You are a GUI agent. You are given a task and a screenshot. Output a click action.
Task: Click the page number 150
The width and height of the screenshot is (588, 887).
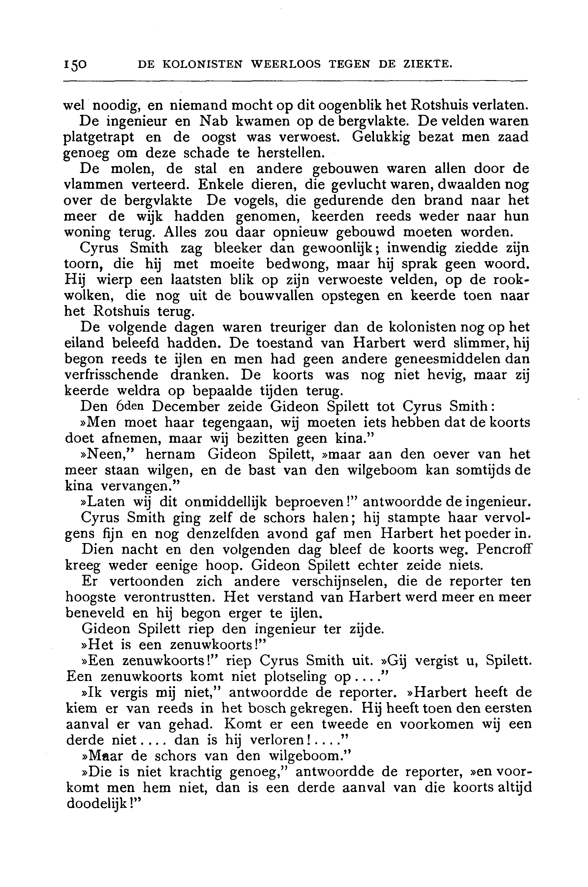[75, 65]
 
